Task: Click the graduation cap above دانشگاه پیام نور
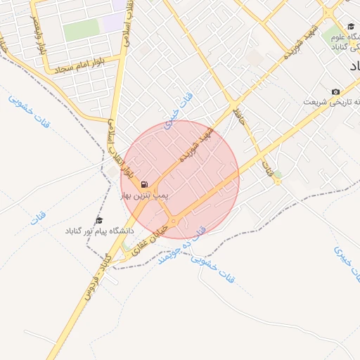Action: (98, 220)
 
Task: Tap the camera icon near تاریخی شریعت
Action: (335, 92)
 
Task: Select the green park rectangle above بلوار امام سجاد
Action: (82, 30)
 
